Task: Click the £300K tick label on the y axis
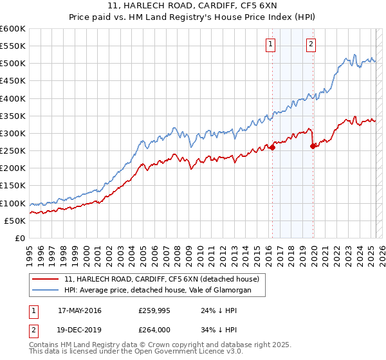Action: coord(13,133)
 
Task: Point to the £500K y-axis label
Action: coord(13,63)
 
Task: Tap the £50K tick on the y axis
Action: coord(15,221)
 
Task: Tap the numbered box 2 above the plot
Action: coord(311,44)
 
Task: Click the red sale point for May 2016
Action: coord(272,147)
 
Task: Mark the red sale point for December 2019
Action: coord(313,146)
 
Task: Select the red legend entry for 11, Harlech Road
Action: coord(161,279)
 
